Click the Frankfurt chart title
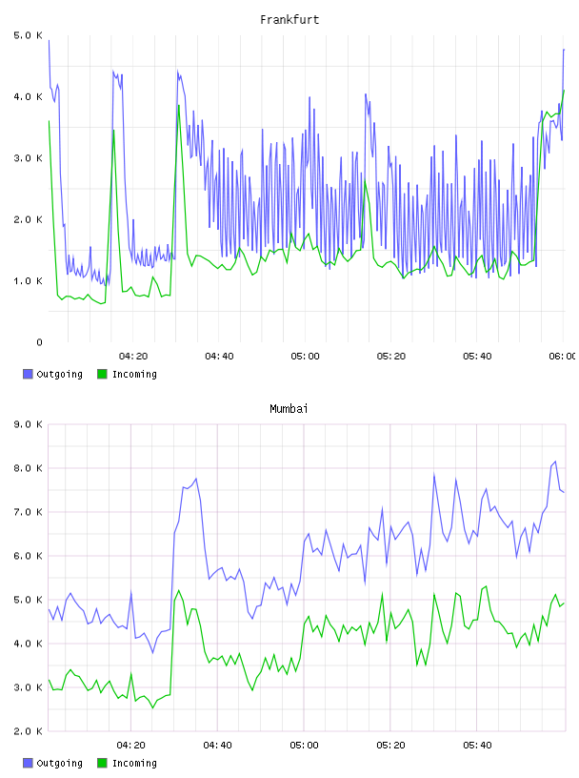coord(289,20)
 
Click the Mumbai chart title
coord(289,409)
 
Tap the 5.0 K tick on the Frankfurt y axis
coord(28,35)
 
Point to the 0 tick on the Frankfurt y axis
coord(39,342)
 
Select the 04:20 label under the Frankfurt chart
coord(133,357)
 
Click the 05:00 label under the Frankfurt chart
coord(305,357)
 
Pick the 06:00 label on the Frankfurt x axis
coord(562,357)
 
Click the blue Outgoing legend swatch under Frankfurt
coord(28,374)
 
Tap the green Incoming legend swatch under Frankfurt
coord(102,374)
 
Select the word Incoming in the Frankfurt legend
coord(134,375)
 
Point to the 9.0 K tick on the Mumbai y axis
coord(28,424)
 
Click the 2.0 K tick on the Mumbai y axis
coord(28,731)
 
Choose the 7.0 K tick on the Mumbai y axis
coord(28,512)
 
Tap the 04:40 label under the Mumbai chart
coord(218,746)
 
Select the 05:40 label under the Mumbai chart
coord(477,746)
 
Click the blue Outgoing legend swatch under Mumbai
coord(28,763)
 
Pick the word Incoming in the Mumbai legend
coord(134,764)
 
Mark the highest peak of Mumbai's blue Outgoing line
coord(555,461)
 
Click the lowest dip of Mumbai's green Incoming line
coord(152,708)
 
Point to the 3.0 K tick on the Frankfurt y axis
coord(28,158)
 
